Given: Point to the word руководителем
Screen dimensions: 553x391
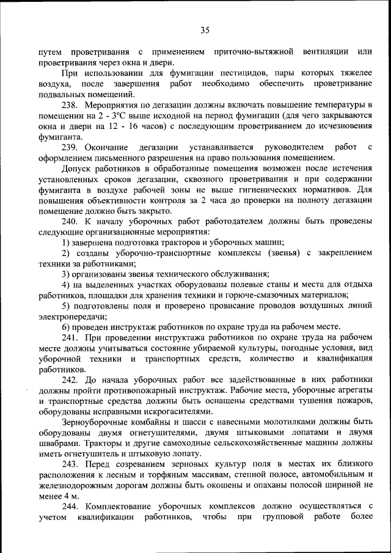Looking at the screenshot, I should coord(293,147).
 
